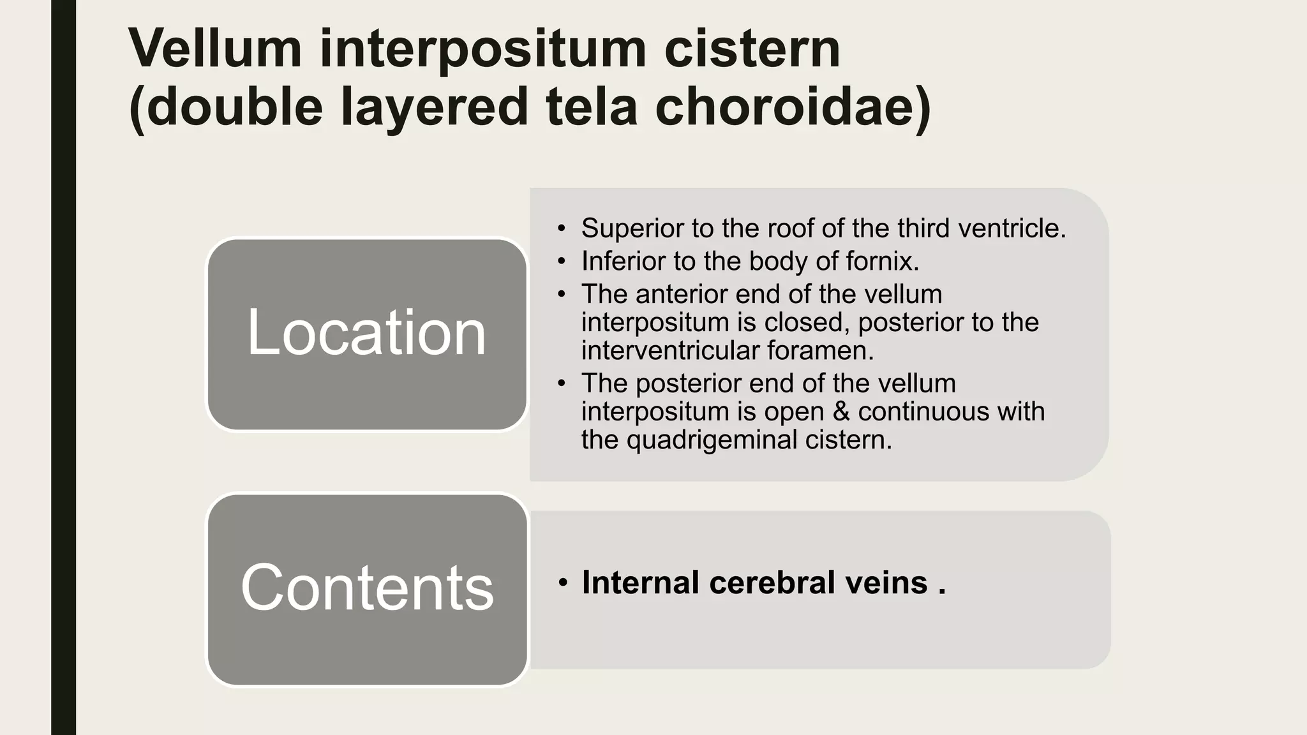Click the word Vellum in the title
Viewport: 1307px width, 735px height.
[215, 49]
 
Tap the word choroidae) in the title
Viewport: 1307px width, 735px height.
[793, 107]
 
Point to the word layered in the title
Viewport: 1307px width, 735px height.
[434, 107]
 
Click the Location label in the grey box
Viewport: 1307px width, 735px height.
[366, 332]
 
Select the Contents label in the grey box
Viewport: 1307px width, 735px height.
[367, 588]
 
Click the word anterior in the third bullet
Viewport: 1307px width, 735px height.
[682, 294]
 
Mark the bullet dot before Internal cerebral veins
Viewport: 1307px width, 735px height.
[562, 583]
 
